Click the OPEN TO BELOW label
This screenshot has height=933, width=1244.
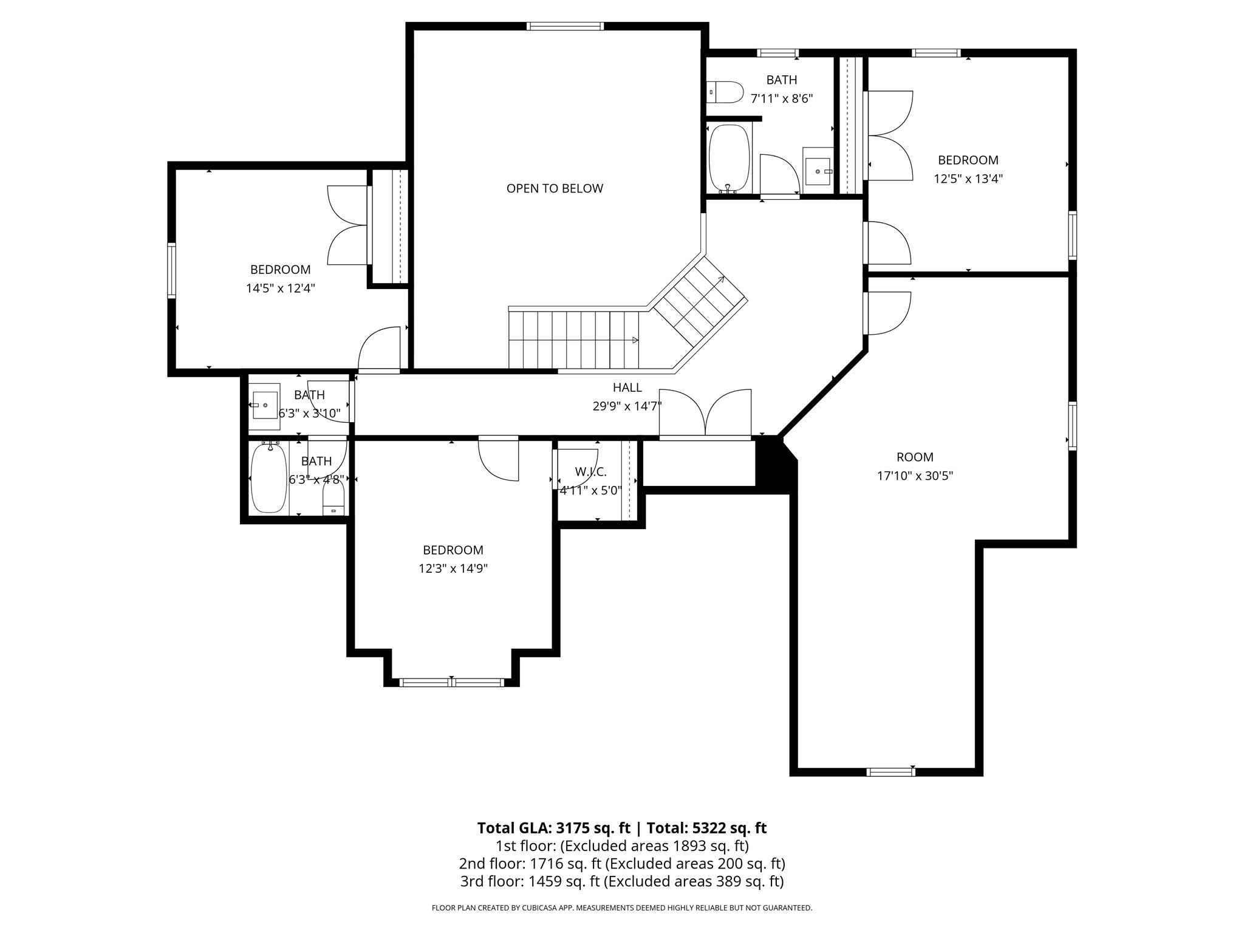[555, 188]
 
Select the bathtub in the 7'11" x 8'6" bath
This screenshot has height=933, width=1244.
[729, 158]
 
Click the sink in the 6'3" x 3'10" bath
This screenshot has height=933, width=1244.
[265, 405]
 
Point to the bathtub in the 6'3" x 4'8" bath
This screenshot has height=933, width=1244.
[268, 478]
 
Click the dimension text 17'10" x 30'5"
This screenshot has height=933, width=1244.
[915, 476]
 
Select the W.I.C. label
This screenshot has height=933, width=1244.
[590, 472]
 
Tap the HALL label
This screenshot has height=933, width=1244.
[627, 388]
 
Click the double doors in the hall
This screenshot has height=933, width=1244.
[705, 414]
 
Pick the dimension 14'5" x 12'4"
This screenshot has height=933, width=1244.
[280, 288]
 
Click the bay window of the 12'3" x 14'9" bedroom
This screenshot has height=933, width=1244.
[452, 682]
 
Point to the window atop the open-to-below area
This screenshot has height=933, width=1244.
[565, 26]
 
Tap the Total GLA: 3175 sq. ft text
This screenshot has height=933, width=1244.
[553, 828]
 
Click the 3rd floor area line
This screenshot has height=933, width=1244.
[621, 881]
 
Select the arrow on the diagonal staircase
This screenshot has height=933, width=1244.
[721, 279]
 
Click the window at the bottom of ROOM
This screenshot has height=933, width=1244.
[890, 772]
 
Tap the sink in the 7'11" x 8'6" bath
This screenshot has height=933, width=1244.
[818, 171]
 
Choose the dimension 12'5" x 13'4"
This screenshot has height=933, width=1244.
[968, 179]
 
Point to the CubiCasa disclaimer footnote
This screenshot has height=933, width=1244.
[621, 908]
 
